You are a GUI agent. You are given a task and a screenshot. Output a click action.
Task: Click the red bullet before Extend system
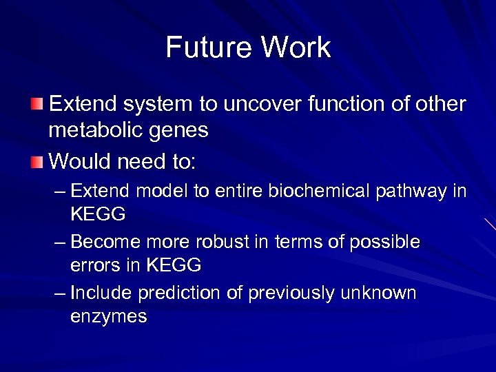pos(37,104)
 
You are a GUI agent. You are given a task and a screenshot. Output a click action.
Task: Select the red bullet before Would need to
pos(37,162)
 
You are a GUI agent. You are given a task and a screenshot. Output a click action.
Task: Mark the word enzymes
pos(108,318)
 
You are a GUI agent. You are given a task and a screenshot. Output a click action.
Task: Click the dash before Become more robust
pos(60,242)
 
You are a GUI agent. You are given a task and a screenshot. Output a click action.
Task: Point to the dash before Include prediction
pos(60,293)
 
